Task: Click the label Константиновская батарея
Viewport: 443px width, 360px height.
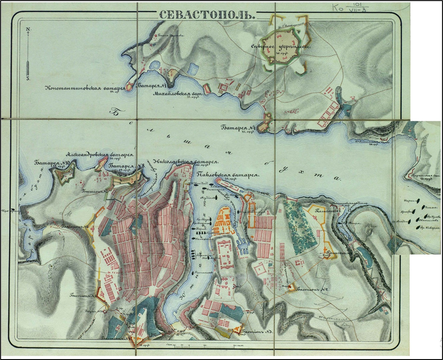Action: [84, 88]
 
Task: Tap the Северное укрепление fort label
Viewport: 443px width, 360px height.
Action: [281, 46]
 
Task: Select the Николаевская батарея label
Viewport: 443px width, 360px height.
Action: [186, 161]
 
